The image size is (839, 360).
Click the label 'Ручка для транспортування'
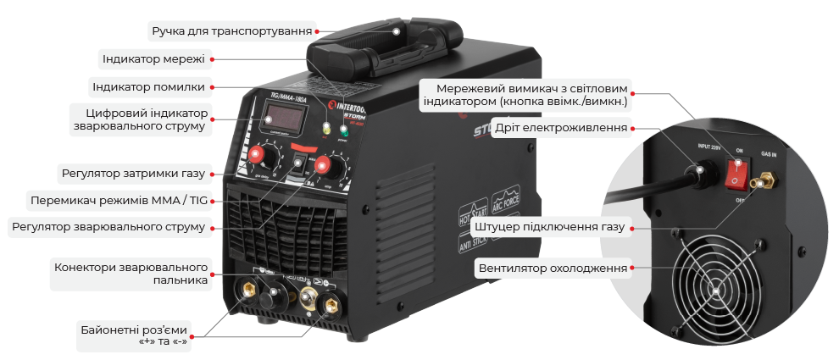pyautogui.click(x=231, y=32)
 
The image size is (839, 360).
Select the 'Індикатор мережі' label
pyautogui.click(x=153, y=59)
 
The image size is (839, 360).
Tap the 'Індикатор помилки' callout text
pyautogui.click(x=148, y=86)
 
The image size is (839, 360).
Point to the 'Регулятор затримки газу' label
pyautogui.click(x=133, y=174)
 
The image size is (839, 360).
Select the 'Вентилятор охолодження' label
pyautogui.click(x=553, y=269)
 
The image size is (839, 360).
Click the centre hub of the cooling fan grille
pyautogui.click(x=716, y=291)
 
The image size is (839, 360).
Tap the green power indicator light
pyautogui.click(x=344, y=131)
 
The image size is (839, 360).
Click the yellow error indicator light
pyautogui.click(x=325, y=129)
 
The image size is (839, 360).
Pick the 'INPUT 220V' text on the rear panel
pyautogui.click(x=706, y=146)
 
